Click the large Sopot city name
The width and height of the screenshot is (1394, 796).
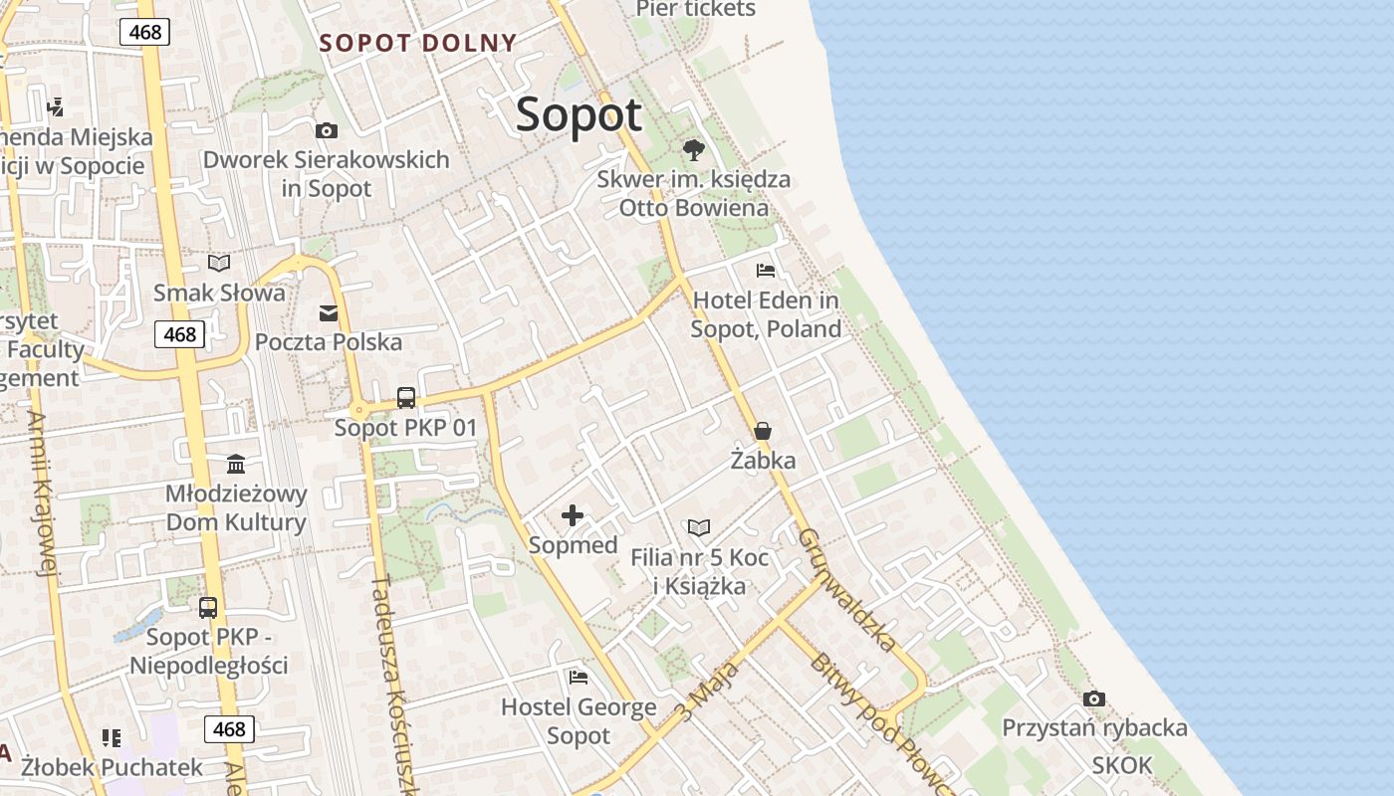[x=579, y=114]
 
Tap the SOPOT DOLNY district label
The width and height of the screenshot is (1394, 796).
[x=418, y=43]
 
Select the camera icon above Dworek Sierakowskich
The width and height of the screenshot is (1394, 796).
[x=326, y=130]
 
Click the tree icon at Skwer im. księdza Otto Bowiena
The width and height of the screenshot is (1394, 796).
[x=694, y=150]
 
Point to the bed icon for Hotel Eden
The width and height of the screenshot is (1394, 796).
[x=766, y=271]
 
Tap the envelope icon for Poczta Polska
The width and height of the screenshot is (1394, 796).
[x=329, y=313]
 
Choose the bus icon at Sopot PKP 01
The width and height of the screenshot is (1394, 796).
[x=406, y=398]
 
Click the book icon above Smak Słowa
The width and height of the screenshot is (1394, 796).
[x=219, y=264]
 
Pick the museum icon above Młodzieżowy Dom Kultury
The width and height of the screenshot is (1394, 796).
[x=236, y=465]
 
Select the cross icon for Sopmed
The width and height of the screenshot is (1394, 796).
[x=573, y=515]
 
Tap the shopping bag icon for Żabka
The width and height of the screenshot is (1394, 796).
[x=763, y=431]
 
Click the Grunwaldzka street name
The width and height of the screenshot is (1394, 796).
[x=846, y=589]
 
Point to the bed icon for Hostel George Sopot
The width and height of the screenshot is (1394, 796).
[x=579, y=678]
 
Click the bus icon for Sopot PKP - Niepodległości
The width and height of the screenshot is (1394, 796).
[x=208, y=607]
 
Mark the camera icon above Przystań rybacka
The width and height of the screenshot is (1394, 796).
[x=1094, y=698]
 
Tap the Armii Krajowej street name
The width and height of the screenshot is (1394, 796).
[x=42, y=494]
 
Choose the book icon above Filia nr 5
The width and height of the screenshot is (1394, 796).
[x=700, y=527]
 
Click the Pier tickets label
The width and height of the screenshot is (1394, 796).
[x=696, y=9]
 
